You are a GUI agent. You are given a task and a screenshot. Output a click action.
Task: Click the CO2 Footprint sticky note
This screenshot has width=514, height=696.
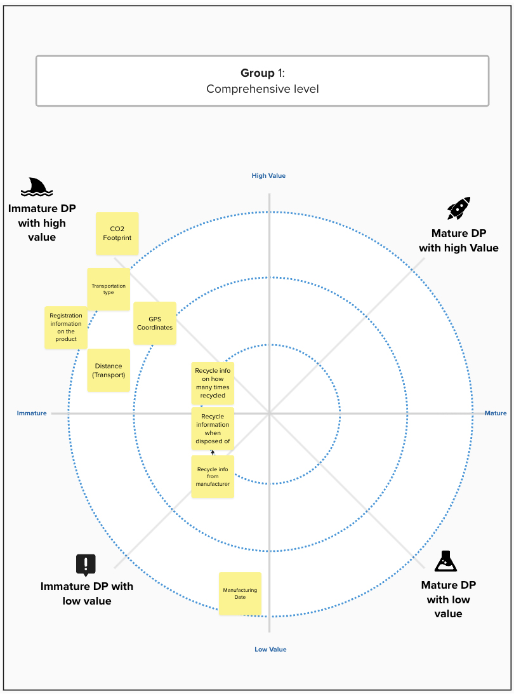pos(117,234)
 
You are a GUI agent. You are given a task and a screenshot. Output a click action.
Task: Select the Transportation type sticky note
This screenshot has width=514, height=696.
pos(109,289)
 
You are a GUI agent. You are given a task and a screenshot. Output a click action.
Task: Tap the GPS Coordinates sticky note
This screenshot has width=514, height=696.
pos(155,323)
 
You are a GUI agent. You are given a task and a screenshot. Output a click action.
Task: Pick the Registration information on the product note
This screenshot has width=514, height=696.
pos(66,328)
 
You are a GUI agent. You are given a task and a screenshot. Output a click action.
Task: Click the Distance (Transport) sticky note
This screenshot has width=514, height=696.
pos(109,370)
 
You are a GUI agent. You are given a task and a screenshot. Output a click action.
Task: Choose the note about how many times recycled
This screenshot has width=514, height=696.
pos(213,384)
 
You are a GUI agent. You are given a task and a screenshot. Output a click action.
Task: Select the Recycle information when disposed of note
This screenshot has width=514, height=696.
pos(213,429)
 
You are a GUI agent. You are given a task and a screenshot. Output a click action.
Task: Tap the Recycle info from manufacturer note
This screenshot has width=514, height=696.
pos(213,477)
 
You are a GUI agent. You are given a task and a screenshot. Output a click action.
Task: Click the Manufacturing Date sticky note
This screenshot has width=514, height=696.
pos(241,594)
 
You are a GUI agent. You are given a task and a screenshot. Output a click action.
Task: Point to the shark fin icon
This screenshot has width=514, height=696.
pos(37,187)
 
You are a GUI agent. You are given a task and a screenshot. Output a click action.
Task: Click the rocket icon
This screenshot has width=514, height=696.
pos(459,208)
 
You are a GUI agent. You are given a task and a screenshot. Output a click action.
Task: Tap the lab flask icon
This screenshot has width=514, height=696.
pos(445,561)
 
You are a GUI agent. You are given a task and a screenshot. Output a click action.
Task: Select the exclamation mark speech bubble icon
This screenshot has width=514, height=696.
pos(86,565)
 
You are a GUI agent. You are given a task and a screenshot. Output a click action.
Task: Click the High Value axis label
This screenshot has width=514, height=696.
pos(269,176)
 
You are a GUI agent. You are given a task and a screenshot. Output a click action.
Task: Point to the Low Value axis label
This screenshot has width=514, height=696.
pos(270,650)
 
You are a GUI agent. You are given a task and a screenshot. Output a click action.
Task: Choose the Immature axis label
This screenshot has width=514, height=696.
pos(32,413)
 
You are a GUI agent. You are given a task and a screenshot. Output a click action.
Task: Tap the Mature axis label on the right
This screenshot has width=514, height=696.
pos(496,413)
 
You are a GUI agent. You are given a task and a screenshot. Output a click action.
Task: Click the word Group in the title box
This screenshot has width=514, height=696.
pos(258,73)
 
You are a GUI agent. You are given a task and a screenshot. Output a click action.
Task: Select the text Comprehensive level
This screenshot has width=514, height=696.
pos(263,89)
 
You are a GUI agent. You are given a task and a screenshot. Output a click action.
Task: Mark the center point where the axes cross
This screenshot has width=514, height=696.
pos(269,413)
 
